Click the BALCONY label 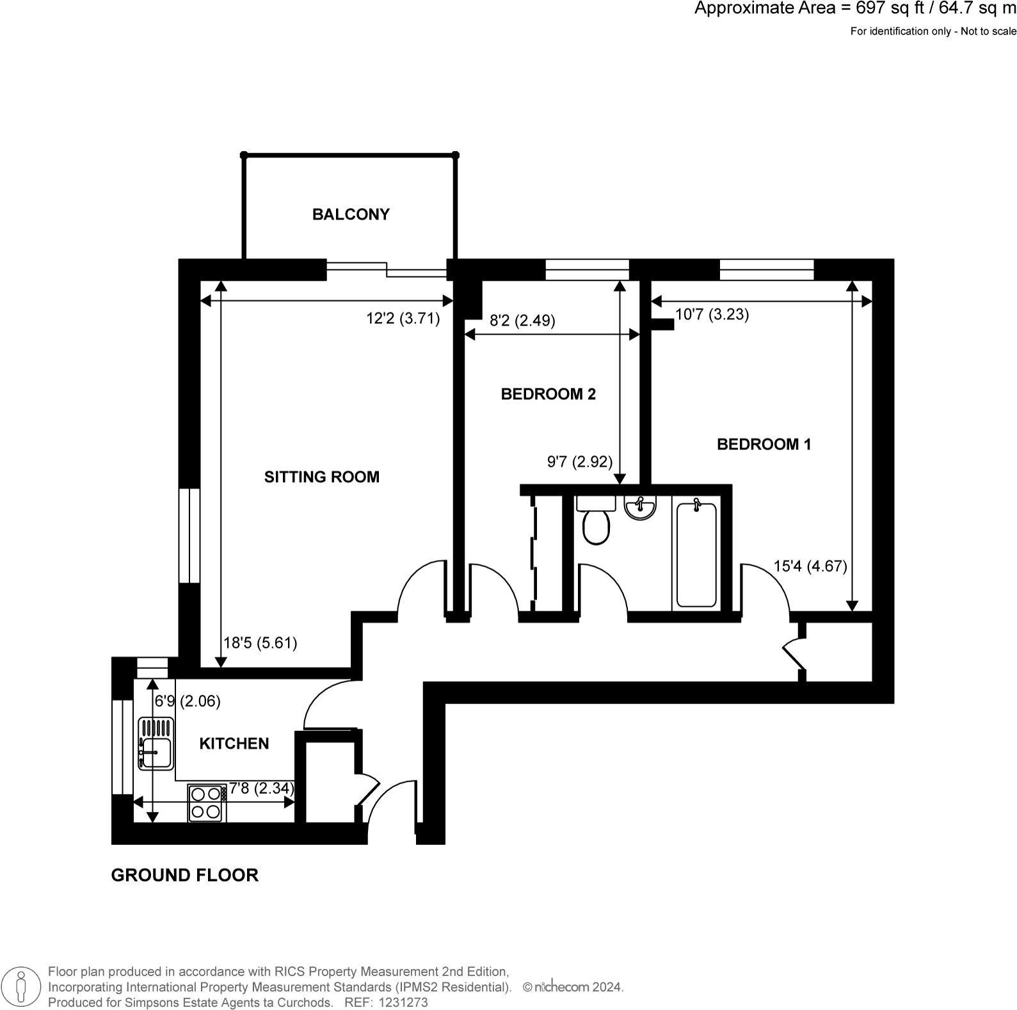351,214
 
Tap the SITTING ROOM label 322,477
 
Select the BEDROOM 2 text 549,394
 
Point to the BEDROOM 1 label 764,444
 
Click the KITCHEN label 234,744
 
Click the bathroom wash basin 640,508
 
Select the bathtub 696,554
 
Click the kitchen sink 156,743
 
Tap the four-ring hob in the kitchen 207,803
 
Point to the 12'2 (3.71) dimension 403,319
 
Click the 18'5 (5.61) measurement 260,643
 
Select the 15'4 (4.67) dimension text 810,566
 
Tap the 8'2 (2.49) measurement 522,321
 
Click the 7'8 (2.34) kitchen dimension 262,789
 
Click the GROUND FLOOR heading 185,875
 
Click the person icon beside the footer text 22,987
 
